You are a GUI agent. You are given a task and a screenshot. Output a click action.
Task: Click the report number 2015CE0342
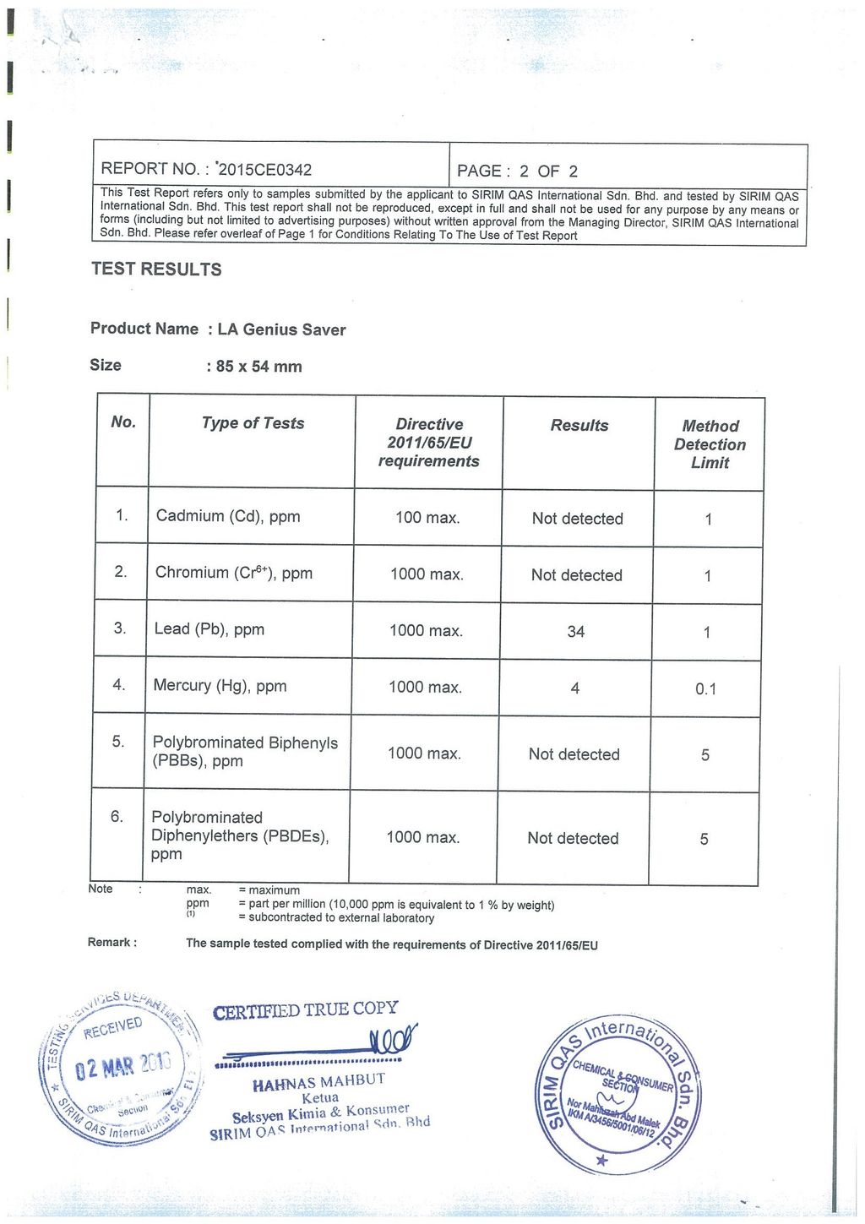click(x=264, y=169)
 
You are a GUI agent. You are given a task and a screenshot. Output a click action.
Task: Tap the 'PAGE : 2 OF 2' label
click(x=517, y=171)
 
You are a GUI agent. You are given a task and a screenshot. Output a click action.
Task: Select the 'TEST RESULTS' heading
click(x=156, y=269)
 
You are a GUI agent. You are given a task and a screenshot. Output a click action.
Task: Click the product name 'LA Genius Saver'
click(x=281, y=329)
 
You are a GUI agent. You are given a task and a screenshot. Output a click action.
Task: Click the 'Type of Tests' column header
click(x=253, y=423)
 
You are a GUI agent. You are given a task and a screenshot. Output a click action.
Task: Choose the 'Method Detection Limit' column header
click(x=710, y=444)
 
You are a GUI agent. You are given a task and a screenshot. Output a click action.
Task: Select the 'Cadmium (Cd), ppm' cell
click(x=228, y=516)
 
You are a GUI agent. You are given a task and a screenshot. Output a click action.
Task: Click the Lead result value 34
click(x=576, y=632)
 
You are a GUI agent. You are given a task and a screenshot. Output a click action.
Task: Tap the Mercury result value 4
click(x=575, y=688)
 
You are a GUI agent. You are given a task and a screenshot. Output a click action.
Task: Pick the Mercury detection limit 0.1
click(x=705, y=689)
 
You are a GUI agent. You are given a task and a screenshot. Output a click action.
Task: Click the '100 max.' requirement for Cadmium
click(x=427, y=518)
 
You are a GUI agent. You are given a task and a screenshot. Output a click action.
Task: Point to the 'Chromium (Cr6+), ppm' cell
click(x=233, y=573)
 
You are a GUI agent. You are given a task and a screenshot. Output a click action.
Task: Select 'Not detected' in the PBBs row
click(x=574, y=754)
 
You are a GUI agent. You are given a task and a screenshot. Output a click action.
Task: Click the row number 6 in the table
click(x=117, y=817)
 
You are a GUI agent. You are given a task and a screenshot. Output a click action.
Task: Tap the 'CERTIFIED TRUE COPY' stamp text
click(x=305, y=1010)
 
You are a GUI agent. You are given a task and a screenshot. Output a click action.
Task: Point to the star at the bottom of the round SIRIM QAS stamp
click(x=601, y=1161)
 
